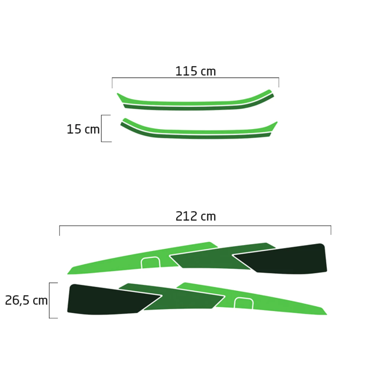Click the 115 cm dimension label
point(195,71)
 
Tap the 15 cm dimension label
point(83,129)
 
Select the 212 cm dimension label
point(196,216)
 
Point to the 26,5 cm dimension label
point(26,300)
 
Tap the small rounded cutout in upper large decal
point(150,262)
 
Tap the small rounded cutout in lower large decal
point(244,303)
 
